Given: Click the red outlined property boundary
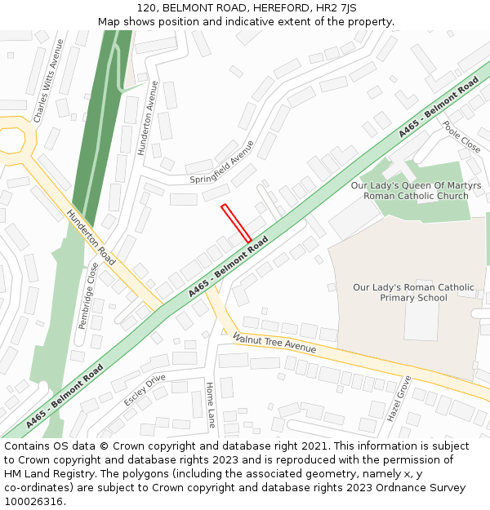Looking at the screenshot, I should [236, 223].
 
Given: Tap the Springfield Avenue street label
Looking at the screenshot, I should [222, 166].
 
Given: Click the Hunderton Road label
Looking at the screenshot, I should [91, 237].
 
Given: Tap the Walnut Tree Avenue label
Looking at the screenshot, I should [274, 342].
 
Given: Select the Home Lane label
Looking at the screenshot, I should [210, 405].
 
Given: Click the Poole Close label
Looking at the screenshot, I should [461, 137].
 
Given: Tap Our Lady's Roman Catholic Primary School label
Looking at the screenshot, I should [413, 292].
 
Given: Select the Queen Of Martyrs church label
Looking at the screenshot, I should [416, 191].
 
